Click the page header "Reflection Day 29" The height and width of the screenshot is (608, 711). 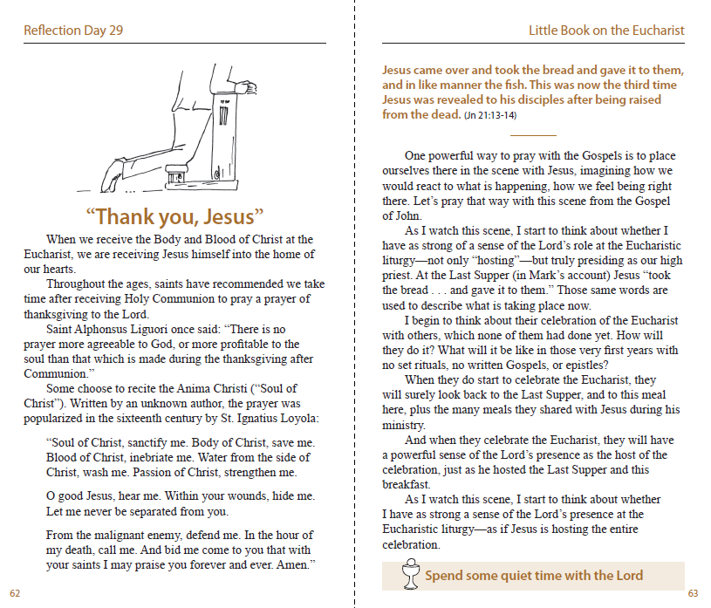[73, 31]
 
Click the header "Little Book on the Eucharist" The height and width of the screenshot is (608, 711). [606, 31]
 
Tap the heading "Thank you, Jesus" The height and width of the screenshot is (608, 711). [174, 216]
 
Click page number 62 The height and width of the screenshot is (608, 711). [15, 593]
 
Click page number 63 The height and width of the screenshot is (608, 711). [693, 593]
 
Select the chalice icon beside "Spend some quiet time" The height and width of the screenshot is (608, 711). [407, 575]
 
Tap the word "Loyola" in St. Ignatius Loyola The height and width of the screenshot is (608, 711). [295, 418]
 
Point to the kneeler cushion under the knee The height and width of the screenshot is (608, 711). [181, 172]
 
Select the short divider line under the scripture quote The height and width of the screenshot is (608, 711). [532, 136]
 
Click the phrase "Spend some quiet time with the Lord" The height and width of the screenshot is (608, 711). [534, 575]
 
